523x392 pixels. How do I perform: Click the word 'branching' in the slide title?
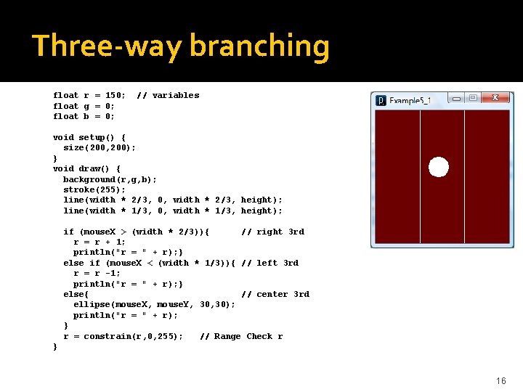coord(259,46)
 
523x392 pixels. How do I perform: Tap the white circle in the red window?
coord(439,167)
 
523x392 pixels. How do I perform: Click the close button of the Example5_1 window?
coord(496,98)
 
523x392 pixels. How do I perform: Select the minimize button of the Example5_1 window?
coord(456,98)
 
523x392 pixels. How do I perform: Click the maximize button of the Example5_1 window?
coord(473,98)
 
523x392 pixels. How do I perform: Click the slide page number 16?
coord(500,381)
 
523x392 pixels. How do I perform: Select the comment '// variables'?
coord(168,95)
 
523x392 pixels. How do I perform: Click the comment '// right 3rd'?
coord(272,232)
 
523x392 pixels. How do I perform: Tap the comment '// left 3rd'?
coord(269,263)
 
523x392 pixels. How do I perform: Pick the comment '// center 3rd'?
coord(275,294)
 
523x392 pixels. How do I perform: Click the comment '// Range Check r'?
coord(240,336)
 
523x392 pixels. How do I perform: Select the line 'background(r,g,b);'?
coord(110,179)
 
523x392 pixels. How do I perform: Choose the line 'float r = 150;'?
coord(89,95)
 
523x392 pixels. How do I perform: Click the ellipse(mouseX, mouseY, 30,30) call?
coord(154,304)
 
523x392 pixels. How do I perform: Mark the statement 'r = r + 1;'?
coord(100,242)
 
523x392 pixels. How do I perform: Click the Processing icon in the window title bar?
coord(380,100)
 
